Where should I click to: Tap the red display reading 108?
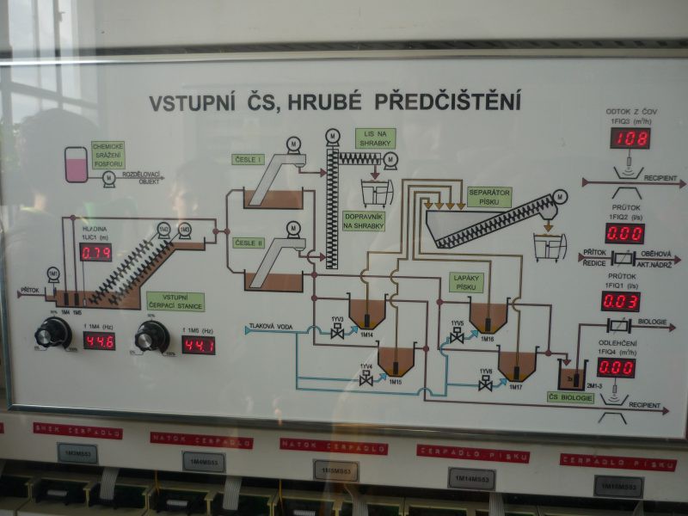click(630, 138)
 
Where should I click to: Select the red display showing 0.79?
click(95, 252)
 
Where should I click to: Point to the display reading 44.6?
click(99, 341)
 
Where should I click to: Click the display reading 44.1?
click(198, 345)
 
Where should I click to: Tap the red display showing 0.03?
click(620, 301)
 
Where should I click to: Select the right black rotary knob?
click(152, 337)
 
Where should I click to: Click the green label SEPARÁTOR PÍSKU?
click(489, 197)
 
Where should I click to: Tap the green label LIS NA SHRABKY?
click(376, 138)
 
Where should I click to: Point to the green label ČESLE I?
click(248, 160)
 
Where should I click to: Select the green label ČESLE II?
click(249, 243)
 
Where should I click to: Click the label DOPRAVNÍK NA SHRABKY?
click(363, 221)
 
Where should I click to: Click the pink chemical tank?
click(77, 164)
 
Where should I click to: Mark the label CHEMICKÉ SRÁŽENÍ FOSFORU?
click(108, 155)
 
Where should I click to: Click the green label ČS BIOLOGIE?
click(571, 397)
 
